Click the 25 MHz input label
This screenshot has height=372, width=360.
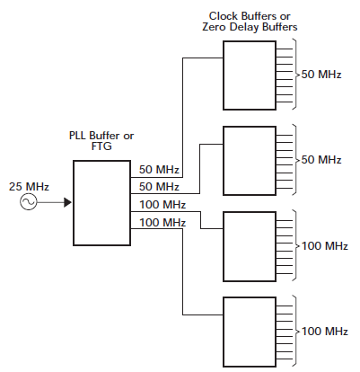pos(29,187)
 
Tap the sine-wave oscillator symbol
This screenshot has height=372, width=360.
pos(29,202)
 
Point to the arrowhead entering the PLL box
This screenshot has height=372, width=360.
pos(67,202)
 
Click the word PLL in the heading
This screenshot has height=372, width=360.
pos(77,136)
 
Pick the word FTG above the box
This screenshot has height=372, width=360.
pos(101,146)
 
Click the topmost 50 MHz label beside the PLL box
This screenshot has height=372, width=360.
pos(159,170)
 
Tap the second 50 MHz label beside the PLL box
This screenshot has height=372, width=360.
pos(159,187)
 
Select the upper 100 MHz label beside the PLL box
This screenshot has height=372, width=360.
pos(162,205)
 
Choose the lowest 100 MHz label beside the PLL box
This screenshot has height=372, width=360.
pos(162,223)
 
